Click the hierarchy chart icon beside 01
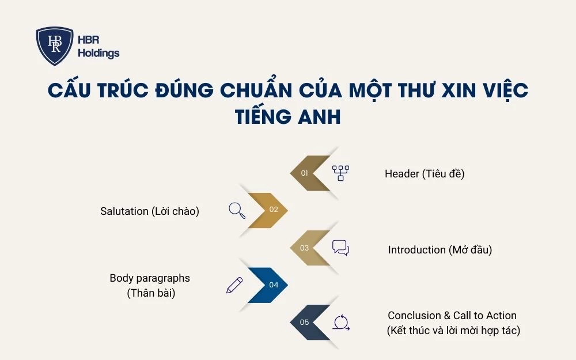pyautogui.click(x=340, y=173)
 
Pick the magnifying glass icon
pyautogui.click(x=237, y=210)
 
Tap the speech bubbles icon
pyautogui.click(x=340, y=248)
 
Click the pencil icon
pyautogui.click(x=234, y=285)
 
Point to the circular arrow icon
pyautogui.click(x=340, y=322)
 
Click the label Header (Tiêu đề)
pyautogui.click(x=425, y=173)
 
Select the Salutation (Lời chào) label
pyautogui.click(x=150, y=211)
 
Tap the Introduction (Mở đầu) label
pyautogui.click(x=440, y=250)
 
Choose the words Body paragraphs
pyautogui.click(x=150, y=278)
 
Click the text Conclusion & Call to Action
pyautogui.click(x=452, y=316)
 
